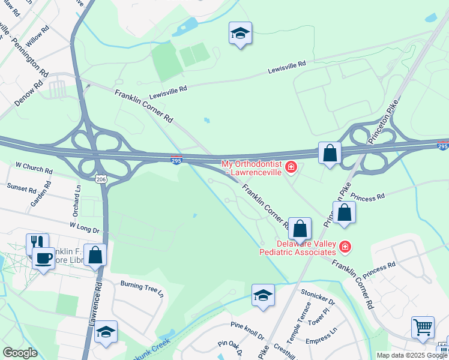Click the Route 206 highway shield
[x=100, y=179]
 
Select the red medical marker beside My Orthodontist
[x=291, y=167]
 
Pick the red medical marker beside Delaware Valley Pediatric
[x=345, y=246]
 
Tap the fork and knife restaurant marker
[x=37, y=242]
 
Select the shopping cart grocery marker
[x=423, y=328]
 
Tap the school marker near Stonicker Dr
[x=263, y=295]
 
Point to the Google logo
[x=20, y=353]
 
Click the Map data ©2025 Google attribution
[x=412, y=355]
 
